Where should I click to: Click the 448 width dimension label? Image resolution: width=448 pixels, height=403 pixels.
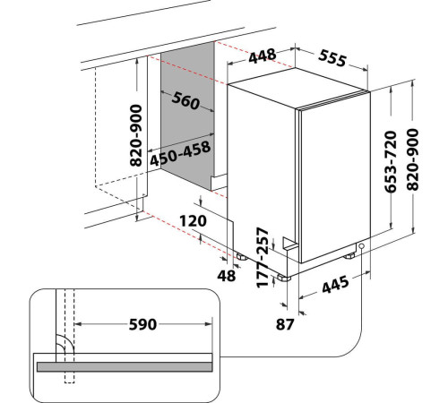coord(263,56)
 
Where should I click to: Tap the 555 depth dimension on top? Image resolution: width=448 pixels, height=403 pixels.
coord(332,58)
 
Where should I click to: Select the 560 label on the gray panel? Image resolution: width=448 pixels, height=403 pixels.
coord(185,100)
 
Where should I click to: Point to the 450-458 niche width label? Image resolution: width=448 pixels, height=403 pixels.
coord(180,154)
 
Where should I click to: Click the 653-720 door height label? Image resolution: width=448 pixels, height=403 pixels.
coord(391,161)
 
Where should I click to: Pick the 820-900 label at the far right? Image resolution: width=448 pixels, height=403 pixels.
coord(413,159)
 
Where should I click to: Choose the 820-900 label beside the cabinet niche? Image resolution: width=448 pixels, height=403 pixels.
coord(136,135)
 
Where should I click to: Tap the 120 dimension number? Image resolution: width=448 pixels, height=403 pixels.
coord(193,221)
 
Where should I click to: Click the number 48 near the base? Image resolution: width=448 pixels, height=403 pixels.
coord(227,276)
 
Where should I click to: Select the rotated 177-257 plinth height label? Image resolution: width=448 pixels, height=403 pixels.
coord(263,258)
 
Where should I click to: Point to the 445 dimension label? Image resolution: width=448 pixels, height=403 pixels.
coord(335,284)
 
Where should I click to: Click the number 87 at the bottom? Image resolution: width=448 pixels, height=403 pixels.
coord(285,324)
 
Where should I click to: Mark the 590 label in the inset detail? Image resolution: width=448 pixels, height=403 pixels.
coord(142,324)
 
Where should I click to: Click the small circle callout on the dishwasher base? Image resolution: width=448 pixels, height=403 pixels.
coord(361,246)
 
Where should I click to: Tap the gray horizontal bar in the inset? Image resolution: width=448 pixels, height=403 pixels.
coord(125,367)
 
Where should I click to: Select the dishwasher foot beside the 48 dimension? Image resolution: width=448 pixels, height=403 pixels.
coord(241,256)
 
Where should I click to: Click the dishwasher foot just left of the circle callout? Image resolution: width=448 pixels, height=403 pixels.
coord(349,256)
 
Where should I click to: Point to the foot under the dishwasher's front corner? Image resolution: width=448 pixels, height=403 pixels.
coord(284,278)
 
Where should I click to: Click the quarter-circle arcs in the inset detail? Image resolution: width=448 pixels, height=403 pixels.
coord(65,344)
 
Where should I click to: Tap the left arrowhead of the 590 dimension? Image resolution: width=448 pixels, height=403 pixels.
coord(78,324)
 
